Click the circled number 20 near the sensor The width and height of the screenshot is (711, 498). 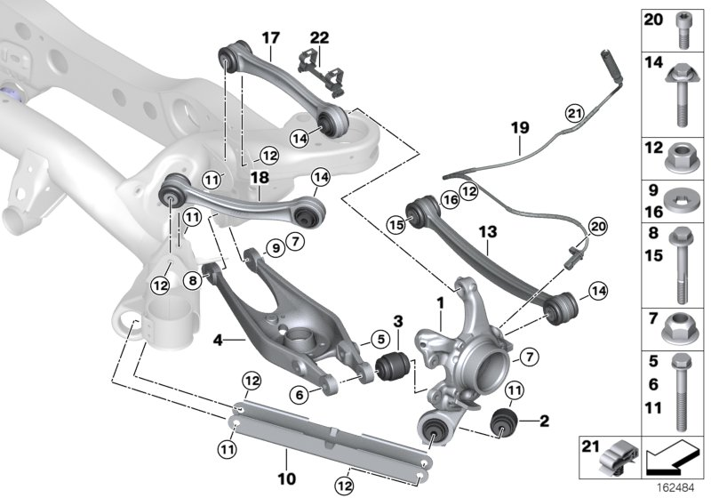tap(595, 228)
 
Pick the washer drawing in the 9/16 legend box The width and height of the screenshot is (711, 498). tap(683, 197)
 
